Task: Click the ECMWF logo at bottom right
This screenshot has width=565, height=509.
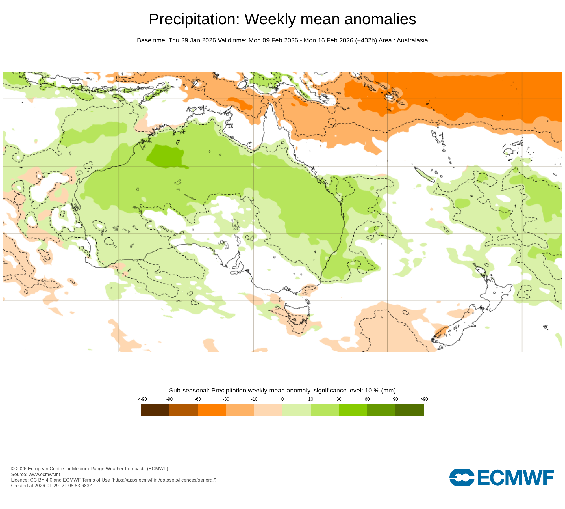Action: pos(501,478)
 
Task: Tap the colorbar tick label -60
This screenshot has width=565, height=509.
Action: pos(198,399)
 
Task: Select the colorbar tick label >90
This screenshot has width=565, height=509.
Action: pos(424,399)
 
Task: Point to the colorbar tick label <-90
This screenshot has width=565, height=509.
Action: pos(142,399)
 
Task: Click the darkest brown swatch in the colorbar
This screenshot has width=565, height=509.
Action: pos(155,410)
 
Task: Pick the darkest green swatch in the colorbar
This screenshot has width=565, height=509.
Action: pos(409,410)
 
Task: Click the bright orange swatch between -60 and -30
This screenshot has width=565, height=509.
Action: pos(212,410)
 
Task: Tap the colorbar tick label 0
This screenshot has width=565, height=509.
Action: pos(282,399)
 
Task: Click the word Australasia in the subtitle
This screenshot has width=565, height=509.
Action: pos(412,40)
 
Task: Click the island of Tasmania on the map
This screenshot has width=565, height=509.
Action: pos(297,317)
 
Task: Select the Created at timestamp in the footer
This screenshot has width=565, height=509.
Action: pos(51,486)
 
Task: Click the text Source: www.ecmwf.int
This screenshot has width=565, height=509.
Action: pos(35,474)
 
